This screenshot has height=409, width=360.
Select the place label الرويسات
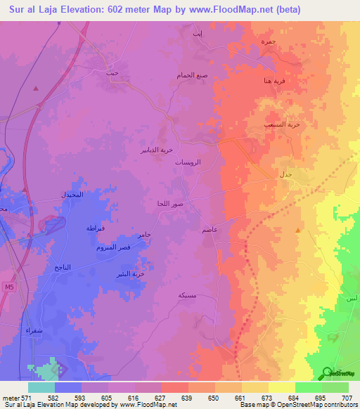tap(188, 162)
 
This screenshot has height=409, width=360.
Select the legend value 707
tap(346, 398)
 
